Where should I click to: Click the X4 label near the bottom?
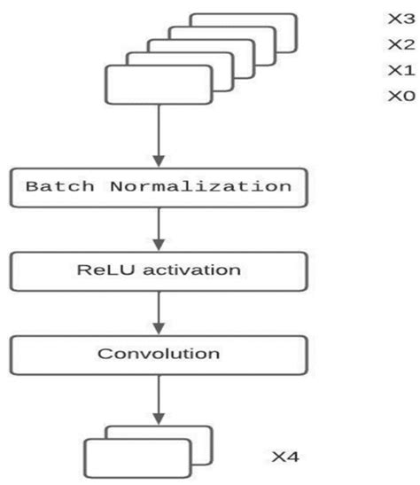(285, 458)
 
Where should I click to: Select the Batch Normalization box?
(159, 188)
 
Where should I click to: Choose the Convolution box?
(159, 354)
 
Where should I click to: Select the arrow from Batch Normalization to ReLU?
(159, 230)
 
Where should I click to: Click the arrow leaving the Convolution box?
(159, 397)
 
